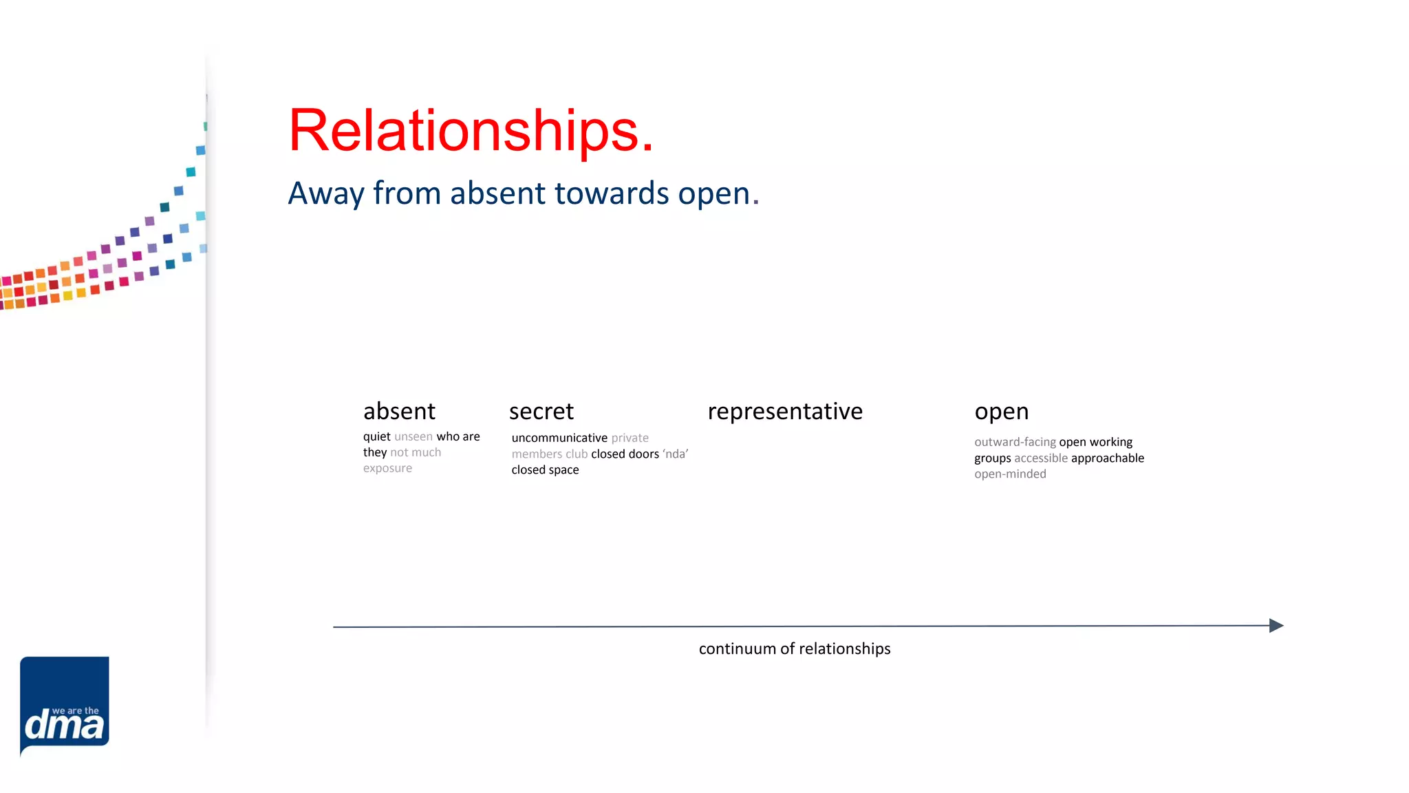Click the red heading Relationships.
click(x=471, y=131)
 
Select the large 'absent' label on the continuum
click(x=399, y=412)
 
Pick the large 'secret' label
click(x=541, y=412)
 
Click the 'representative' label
click(x=785, y=412)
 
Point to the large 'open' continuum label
click(x=1001, y=412)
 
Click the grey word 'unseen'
click(x=413, y=436)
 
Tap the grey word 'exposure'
click(x=387, y=468)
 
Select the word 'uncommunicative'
click(x=559, y=438)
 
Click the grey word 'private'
click(x=630, y=438)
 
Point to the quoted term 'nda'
click(x=676, y=454)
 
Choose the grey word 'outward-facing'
click(x=1015, y=442)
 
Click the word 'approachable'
click(x=1107, y=458)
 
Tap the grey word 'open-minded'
click(x=1010, y=474)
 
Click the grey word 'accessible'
click(x=1041, y=458)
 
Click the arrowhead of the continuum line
click(x=1276, y=625)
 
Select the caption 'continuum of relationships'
click(x=795, y=648)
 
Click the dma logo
click(x=65, y=705)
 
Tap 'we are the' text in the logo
click(x=76, y=710)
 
